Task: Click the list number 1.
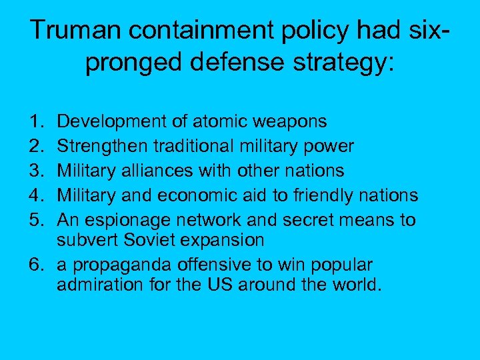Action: point(34,121)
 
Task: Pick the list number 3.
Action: point(34,171)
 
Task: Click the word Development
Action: point(105,122)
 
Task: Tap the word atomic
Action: point(206,121)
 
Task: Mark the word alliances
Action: point(164,171)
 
